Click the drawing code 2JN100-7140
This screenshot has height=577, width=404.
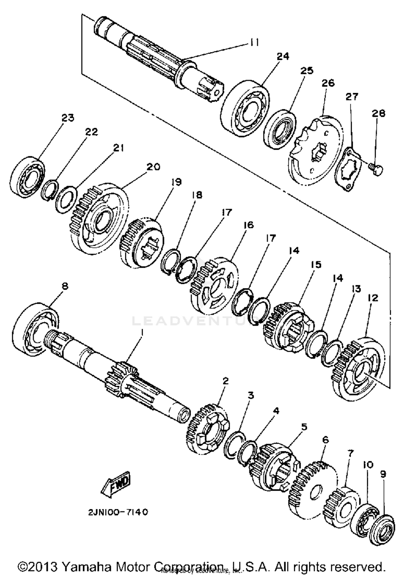(x=118, y=512)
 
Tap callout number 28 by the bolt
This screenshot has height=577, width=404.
(x=378, y=113)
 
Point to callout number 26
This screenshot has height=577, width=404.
(x=328, y=83)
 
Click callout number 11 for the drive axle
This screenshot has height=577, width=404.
(x=253, y=42)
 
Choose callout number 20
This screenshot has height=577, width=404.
(x=153, y=167)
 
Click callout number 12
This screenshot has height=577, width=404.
(x=372, y=298)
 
